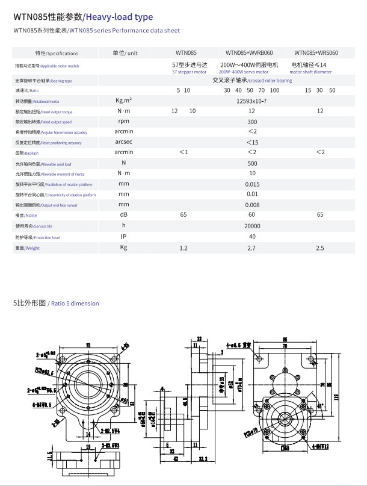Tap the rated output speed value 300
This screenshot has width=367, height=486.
tap(252, 122)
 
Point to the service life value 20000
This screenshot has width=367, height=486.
tap(252, 226)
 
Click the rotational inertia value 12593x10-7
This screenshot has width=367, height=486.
tap(252, 101)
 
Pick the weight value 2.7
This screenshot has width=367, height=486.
tap(252, 248)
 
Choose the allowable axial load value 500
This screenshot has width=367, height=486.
tap(252, 163)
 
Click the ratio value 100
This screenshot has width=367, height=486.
tap(274, 90)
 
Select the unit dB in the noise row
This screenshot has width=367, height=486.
tap(123, 215)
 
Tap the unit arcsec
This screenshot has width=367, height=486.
tap(123, 142)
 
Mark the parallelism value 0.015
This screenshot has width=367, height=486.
tap(252, 184)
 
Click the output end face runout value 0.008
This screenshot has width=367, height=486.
tap(252, 205)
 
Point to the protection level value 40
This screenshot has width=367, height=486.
tap(252, 237)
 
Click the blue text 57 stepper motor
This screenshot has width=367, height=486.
tap(189, 72)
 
